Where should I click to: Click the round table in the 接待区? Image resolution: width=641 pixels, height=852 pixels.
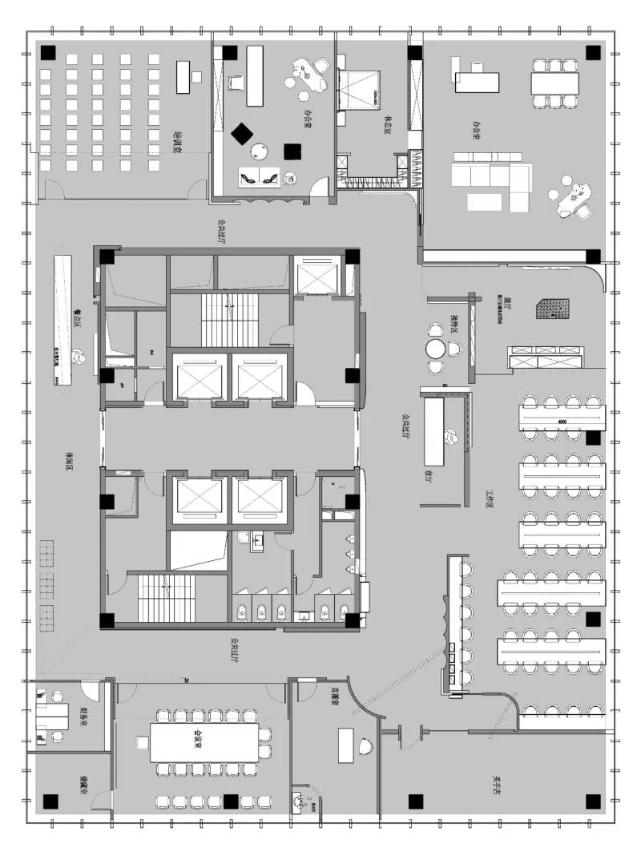(x=435, y=349)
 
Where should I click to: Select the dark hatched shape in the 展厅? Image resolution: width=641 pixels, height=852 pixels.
(x=553, y=309)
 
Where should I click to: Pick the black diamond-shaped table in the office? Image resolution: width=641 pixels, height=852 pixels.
(x=241, y=134)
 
